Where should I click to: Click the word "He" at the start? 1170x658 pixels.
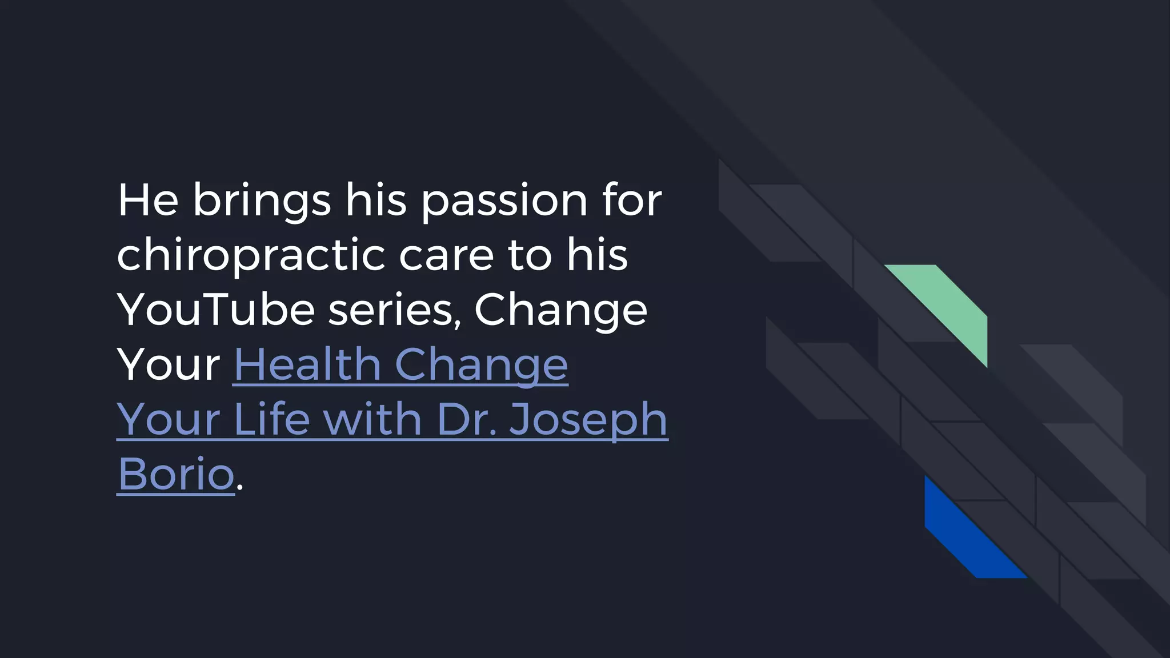click(x=148, y=200)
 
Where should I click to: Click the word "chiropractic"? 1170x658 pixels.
click(x=251, y=255)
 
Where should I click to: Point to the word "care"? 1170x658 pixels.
click(x=446, y=255)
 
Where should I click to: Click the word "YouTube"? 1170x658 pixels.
click(x=216, y=310)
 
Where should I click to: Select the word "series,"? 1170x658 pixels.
click(x=395, y=310)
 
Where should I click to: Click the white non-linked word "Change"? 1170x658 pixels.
click(x=561, y=310)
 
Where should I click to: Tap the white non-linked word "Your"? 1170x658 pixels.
click(x=169, y=365)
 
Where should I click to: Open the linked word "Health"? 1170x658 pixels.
click(x=307, y=365)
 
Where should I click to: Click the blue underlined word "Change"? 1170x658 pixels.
click(x=481, y=365)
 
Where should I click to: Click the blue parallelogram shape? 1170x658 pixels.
click(x=965, y=537)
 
